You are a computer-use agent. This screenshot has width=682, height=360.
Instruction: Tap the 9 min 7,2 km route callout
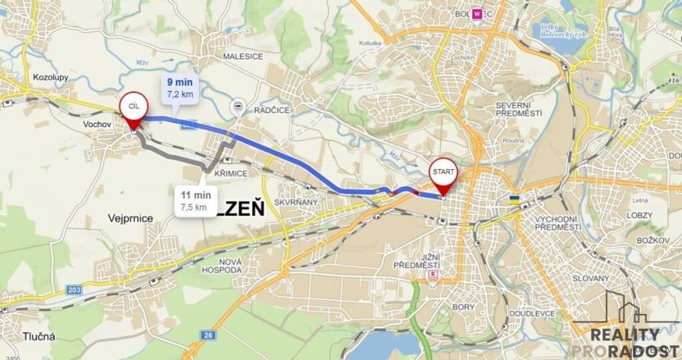tap(180, 88)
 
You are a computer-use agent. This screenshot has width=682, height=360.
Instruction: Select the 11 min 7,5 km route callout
tap(195, 201)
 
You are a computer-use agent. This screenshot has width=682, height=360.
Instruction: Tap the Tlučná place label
tap(39, 336)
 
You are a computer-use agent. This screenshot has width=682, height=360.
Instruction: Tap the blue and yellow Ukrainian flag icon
tap(514, 199)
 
